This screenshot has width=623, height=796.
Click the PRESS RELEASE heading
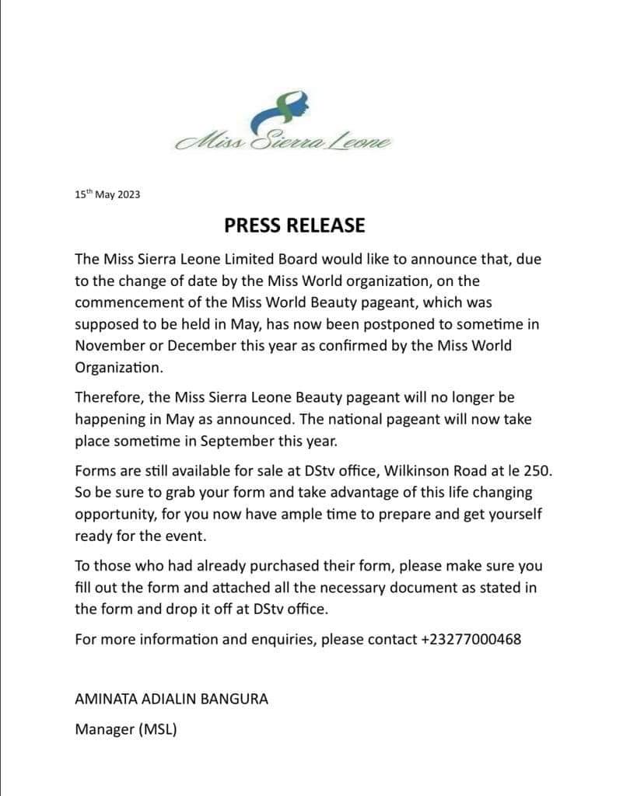coord(294,225)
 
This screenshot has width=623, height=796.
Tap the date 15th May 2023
coord(107,195)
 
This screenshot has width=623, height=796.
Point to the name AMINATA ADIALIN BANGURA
coord(171,698)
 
